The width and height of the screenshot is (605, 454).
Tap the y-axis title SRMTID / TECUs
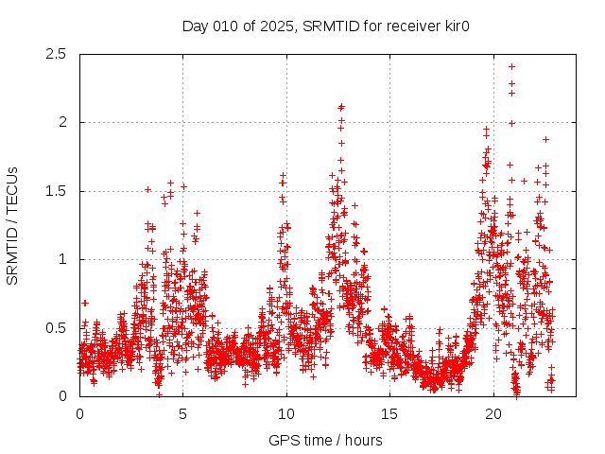[x=13, y=224]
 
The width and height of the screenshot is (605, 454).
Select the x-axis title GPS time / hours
[x=325, y=440]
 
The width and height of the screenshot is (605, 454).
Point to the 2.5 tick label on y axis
[x=59, y=54]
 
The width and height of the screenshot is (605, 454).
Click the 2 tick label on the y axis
[x=63, y=122]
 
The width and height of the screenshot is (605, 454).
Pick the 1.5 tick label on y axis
[x=59, y=191]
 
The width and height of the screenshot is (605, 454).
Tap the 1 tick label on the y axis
[x=63, y=259]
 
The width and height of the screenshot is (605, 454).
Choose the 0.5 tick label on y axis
[x=59, y=327]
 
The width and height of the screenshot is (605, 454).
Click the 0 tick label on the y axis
[x=63, y=396]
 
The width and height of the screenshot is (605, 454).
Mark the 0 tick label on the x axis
[x=79, y=414]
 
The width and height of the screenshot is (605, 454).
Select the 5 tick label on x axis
[x=183, y=414]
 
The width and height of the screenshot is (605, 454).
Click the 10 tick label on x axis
[x=286, y=414]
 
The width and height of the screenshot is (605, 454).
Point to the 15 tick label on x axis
[x=390, y=414]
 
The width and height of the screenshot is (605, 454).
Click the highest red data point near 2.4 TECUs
[x=511, y=66]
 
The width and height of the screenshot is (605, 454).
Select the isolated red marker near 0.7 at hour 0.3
[x=85, y=303]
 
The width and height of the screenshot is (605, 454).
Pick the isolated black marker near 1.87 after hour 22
[x=545, y=139]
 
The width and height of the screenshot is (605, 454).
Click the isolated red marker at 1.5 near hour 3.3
[x=147, y=189]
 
